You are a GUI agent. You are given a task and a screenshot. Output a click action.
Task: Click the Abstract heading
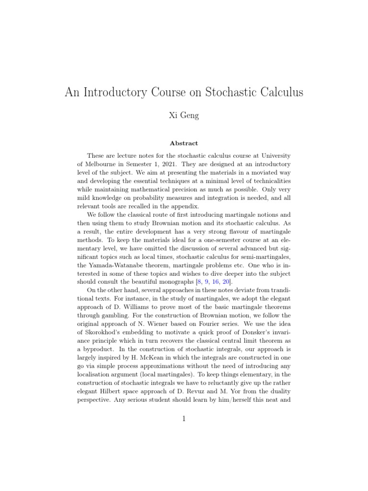(184, 143)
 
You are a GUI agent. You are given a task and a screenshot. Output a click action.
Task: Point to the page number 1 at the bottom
(184, 419)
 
